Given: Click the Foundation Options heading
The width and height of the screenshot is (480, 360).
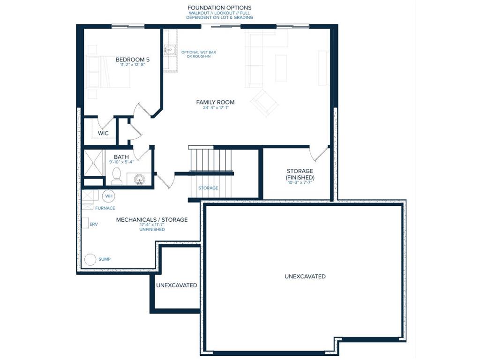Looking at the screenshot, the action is [x=219, y=7].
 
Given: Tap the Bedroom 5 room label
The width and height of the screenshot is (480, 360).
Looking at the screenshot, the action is [x=133, y=60].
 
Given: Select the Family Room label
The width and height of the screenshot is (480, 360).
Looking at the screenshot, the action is [x=215, y=102].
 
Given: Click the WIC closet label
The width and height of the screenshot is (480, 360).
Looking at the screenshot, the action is [x=103, y=134].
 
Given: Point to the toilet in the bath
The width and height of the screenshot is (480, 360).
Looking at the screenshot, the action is [x=117, y=177].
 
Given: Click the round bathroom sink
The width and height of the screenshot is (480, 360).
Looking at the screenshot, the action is [x=140, y=179].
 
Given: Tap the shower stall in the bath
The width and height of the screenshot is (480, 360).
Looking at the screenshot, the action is [x=94, y=163].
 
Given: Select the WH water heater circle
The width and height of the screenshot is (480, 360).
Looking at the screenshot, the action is [x=109, y=196].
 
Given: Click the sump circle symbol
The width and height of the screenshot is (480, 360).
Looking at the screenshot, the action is [x=90, y=259].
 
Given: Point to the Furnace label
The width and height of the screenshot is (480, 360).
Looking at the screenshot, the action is [x=105, y=208].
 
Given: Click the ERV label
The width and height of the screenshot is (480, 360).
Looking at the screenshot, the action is [x=94, y=225].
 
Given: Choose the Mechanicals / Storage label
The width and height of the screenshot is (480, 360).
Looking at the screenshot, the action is [x=152, y=220].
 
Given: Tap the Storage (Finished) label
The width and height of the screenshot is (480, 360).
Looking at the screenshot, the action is [x=300, y=174].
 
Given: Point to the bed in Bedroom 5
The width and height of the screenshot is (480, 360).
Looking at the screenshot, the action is [x=108, y=72].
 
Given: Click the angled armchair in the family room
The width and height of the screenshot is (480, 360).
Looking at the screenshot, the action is [x=264, y=103].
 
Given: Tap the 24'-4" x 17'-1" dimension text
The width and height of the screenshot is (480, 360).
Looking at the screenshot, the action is [x=216, y=108].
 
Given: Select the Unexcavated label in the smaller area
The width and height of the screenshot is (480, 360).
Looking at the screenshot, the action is [x=177, y=285].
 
